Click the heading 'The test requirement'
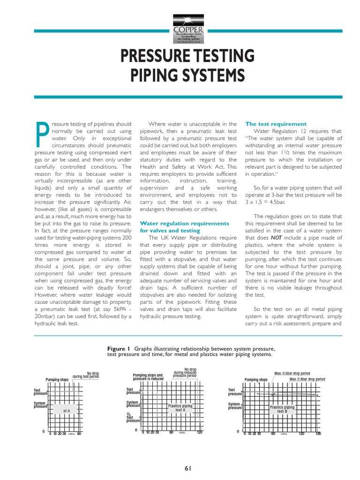click(x=276, y=124)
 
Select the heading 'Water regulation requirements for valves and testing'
click(x=178, y=227)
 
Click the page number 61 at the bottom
click(x=188, y=468)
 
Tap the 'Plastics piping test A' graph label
click(x=180, y=408)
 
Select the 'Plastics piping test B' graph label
click(x=282, y=409)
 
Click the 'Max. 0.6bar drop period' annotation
click(x=292, y=374)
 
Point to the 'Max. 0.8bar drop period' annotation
click(x=307, y=379)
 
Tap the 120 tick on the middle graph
click(x=200, y=432)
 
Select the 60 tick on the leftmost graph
click(x=79, y=434)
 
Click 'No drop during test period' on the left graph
click(x=86, y=375)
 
